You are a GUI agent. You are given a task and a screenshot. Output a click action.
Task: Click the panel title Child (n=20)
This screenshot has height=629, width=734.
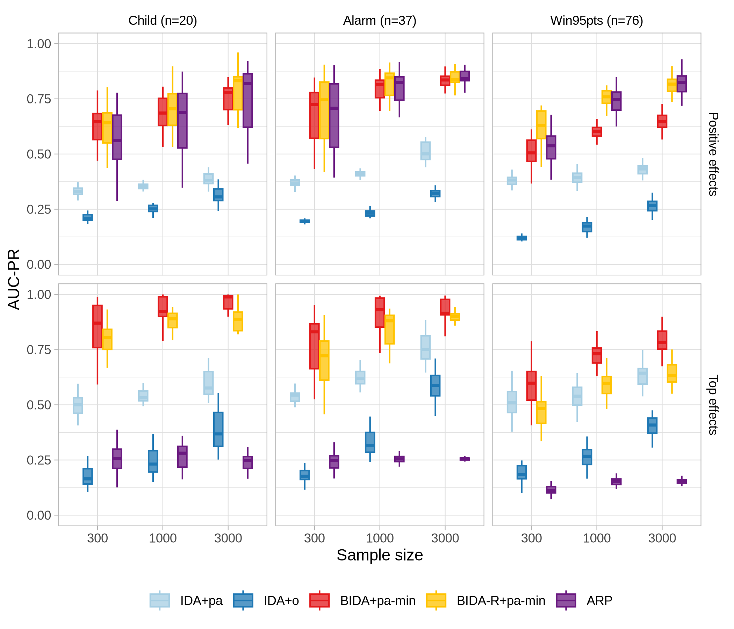(x=163, y=21)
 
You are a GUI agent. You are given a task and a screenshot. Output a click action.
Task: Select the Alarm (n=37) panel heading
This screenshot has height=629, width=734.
(x=379, y=21)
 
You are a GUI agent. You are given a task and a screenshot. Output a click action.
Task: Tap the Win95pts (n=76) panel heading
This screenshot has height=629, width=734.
(x=596, y=21)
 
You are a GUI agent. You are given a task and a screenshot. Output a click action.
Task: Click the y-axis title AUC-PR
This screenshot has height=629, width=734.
(x=14, y=280)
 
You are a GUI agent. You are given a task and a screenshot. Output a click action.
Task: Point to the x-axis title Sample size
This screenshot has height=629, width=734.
(x=379, y=555)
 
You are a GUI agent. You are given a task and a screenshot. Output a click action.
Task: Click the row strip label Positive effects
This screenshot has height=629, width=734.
(x=713, y=154)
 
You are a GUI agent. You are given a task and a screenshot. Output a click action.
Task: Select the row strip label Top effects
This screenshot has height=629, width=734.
(x=713, y=404)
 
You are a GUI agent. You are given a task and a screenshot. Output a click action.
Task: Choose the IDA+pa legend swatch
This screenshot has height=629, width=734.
(x=160, y=600)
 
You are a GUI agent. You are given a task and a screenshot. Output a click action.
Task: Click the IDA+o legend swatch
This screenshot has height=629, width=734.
(x=243, y=600)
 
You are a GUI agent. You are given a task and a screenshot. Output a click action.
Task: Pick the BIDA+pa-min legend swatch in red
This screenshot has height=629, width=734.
(x=319, y=600)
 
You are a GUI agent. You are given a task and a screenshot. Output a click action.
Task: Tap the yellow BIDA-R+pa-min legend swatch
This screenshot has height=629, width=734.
(x=436, y=600)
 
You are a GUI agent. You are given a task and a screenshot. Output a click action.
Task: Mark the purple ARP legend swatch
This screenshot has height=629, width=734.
(x=566, y=600)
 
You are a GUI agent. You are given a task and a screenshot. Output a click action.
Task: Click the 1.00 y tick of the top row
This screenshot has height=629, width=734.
(x=39, y=44)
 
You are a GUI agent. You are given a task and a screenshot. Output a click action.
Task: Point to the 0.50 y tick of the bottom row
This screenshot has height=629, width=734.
(x=39, y=405)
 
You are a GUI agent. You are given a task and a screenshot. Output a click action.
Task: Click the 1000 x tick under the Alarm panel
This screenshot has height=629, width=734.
(x=379, y=538)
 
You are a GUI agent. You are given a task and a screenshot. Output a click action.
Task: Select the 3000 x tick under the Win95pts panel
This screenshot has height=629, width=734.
(x=662, y=538)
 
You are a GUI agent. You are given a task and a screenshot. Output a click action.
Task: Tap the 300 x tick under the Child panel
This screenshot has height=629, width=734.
(x=98, y=538)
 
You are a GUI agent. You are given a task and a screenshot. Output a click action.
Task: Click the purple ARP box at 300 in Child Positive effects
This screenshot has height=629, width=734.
(x=117, y=137)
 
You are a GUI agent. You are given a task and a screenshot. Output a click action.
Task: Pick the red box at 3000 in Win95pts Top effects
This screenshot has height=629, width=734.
(x=662, y=340)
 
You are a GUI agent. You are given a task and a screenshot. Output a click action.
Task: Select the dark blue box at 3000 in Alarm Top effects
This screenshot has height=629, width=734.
(x=436, y=386)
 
